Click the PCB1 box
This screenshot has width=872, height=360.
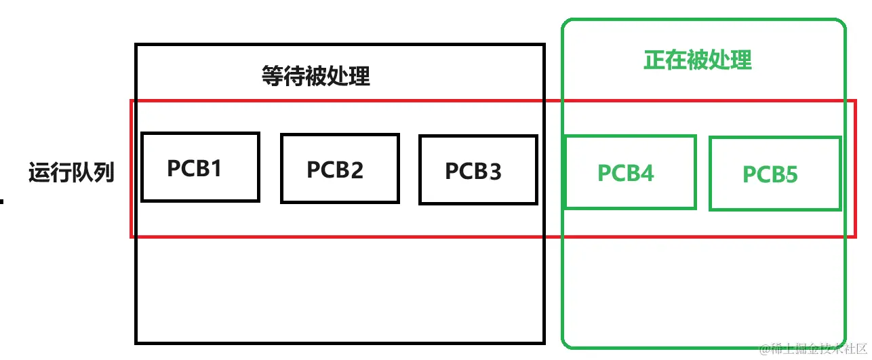coord(200,167)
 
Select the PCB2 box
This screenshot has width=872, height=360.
coord(339,168)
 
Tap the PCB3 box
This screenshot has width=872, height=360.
coord(477,169)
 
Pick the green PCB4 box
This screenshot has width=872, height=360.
coord(629,172)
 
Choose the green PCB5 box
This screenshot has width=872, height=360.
coord(774,174)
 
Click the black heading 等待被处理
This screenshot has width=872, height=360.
coord(315,76)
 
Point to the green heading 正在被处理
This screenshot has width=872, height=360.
coord(697,60)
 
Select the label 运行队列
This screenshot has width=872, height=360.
coord(71,173)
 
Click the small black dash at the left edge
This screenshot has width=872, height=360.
coord(2,201)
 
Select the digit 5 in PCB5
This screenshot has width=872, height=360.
coord(791,175)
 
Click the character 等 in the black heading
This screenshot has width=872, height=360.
coord(273,76)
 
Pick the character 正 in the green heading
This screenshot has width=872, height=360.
coord(654,60)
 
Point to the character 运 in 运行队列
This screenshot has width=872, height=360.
coord(39,173)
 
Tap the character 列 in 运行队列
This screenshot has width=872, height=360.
coord(104,173)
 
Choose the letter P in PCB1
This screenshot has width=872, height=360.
coord(174,167)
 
